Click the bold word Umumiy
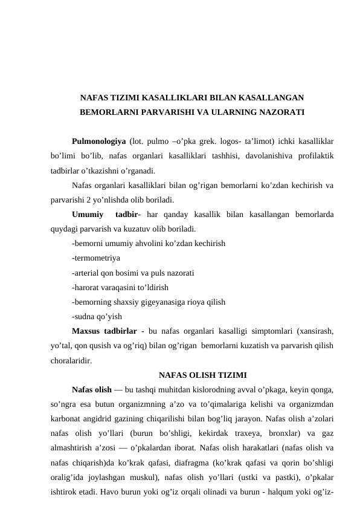(x=87, y=215)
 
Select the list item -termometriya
(x=95, y=258)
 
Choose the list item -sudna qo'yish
(x=97, y=316)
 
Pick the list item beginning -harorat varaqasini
(x=120, y=287)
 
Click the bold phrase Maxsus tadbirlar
(x=107, y=331)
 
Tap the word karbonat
(x=67, y=418)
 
